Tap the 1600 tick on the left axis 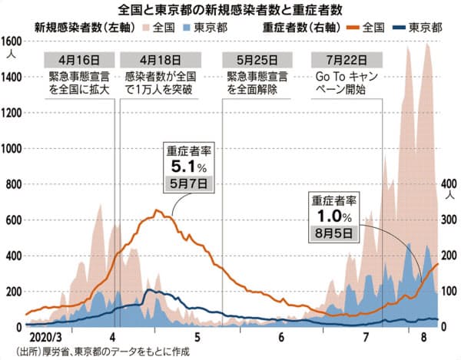13,41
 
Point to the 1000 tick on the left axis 13,148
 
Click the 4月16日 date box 80,58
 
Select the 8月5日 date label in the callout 332,230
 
